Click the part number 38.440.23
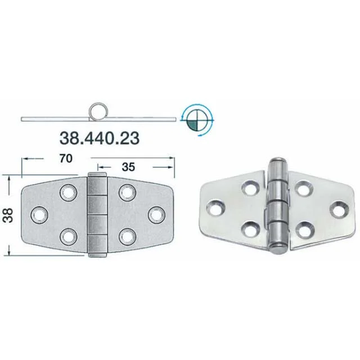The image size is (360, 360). (x=100, y=138)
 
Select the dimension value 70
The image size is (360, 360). (x=66, y=159)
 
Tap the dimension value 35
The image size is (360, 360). (x=128, y=167)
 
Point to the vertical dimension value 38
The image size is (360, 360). (x=8, y=215)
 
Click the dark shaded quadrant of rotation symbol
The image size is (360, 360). (x=192, y=125)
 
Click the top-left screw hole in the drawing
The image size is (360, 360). (x=68, y=192)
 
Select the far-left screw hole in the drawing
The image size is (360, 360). (x=39, y=215)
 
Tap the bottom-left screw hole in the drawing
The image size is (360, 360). (x=68, y=237)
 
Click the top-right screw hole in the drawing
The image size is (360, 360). (x=128, y=192)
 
